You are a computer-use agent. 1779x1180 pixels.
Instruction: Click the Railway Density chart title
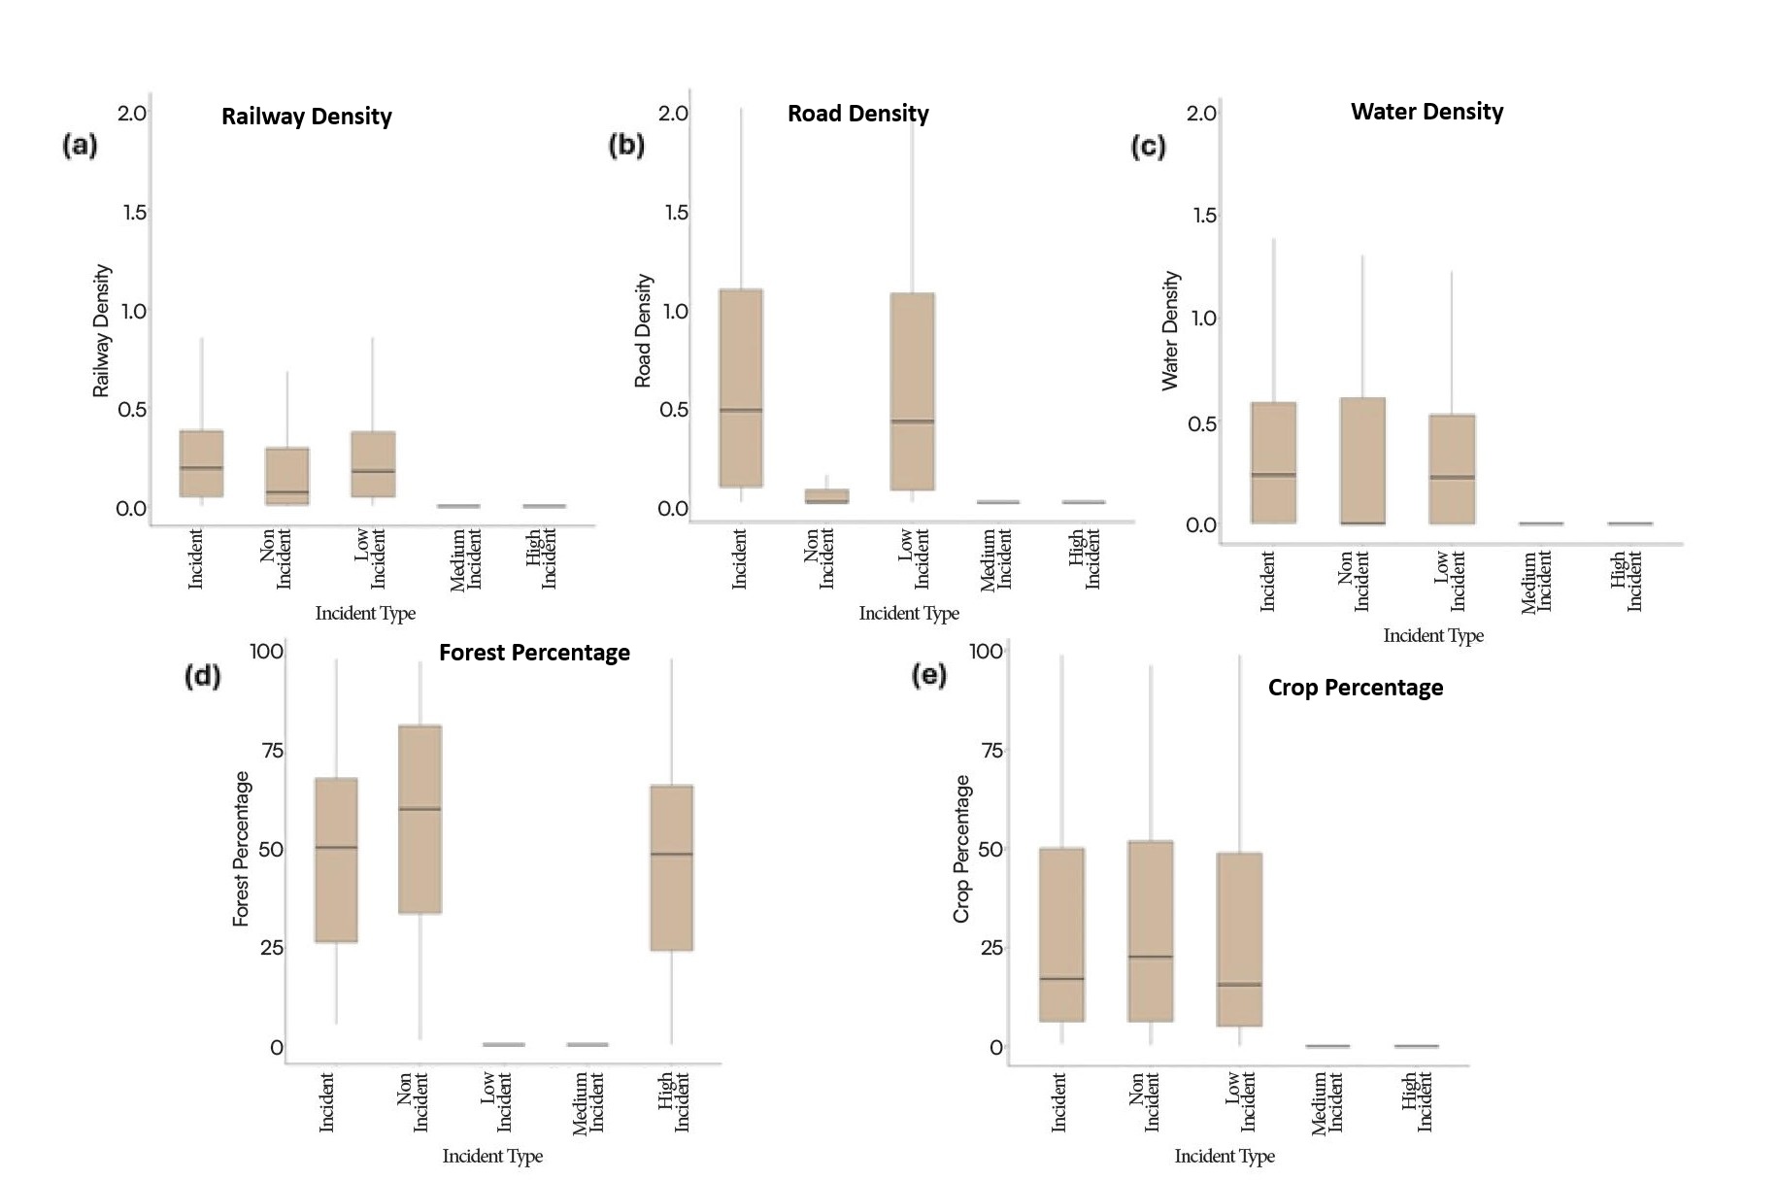(x=306, y=117)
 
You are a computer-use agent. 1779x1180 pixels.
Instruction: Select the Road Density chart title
(x=857, y=114)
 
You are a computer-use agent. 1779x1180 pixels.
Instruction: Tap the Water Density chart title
(x=1427, y=112)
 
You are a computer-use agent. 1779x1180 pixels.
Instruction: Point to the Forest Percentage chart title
(x=534, y=653)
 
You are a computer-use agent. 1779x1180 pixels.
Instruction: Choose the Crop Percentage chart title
(x=1355, y=688)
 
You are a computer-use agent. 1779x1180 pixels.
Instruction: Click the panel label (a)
(x=80, y=146)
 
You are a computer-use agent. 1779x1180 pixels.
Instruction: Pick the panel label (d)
(x=202, y=675)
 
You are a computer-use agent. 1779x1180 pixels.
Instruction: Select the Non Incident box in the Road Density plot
(x=826, y=496)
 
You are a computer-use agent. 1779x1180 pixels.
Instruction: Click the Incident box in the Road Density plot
(x=741, y=388)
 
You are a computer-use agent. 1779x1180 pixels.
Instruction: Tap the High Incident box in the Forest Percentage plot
(x=672, y=867)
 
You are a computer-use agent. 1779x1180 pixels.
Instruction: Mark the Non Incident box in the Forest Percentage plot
(x=420, y=819)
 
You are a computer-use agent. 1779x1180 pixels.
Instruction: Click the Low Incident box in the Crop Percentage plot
(x=1239, y=939)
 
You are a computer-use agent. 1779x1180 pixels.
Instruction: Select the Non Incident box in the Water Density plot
(x=1362, y=460)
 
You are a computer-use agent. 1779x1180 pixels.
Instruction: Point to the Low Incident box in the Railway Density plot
(x=373, y=464)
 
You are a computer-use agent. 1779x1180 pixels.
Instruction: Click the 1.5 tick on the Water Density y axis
(x=1204, y=216)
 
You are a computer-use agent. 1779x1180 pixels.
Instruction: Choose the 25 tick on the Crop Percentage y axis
(x=990, y=948)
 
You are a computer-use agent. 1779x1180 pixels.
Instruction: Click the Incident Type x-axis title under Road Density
(x=909, y=613)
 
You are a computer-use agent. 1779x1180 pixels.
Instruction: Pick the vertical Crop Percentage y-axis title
(x=961, y=848)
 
